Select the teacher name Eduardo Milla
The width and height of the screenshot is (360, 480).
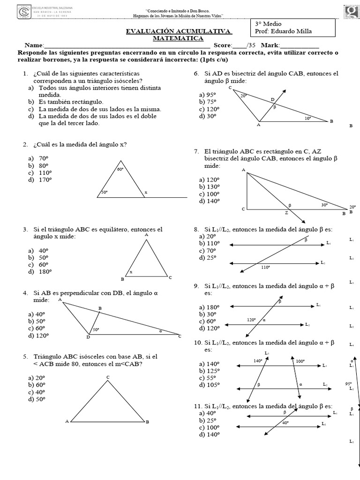(x=291, y=31)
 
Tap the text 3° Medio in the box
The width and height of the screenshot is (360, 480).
(x=269, y=23)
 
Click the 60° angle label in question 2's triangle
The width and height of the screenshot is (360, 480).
(x=120, y=169)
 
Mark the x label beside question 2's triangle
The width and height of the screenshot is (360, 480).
(x=146, y=192)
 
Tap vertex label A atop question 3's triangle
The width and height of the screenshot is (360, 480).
(x=147, y=234)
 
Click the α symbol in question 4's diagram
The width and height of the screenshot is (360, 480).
(x=160, y=330)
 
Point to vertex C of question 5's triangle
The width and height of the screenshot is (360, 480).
(x=108, y=377)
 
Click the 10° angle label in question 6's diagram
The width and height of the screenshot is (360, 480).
(x=307, y=119)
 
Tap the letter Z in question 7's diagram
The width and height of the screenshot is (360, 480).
(x=286, y=213)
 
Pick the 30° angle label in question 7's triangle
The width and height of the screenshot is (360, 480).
(x=324, y=204)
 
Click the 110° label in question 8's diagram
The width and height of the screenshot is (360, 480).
(x=266, y=267)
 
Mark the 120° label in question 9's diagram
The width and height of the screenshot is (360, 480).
(x=251, y=320)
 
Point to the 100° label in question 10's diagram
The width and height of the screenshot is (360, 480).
(x=300, y=361)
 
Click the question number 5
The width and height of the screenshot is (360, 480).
(x=24, y=356)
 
